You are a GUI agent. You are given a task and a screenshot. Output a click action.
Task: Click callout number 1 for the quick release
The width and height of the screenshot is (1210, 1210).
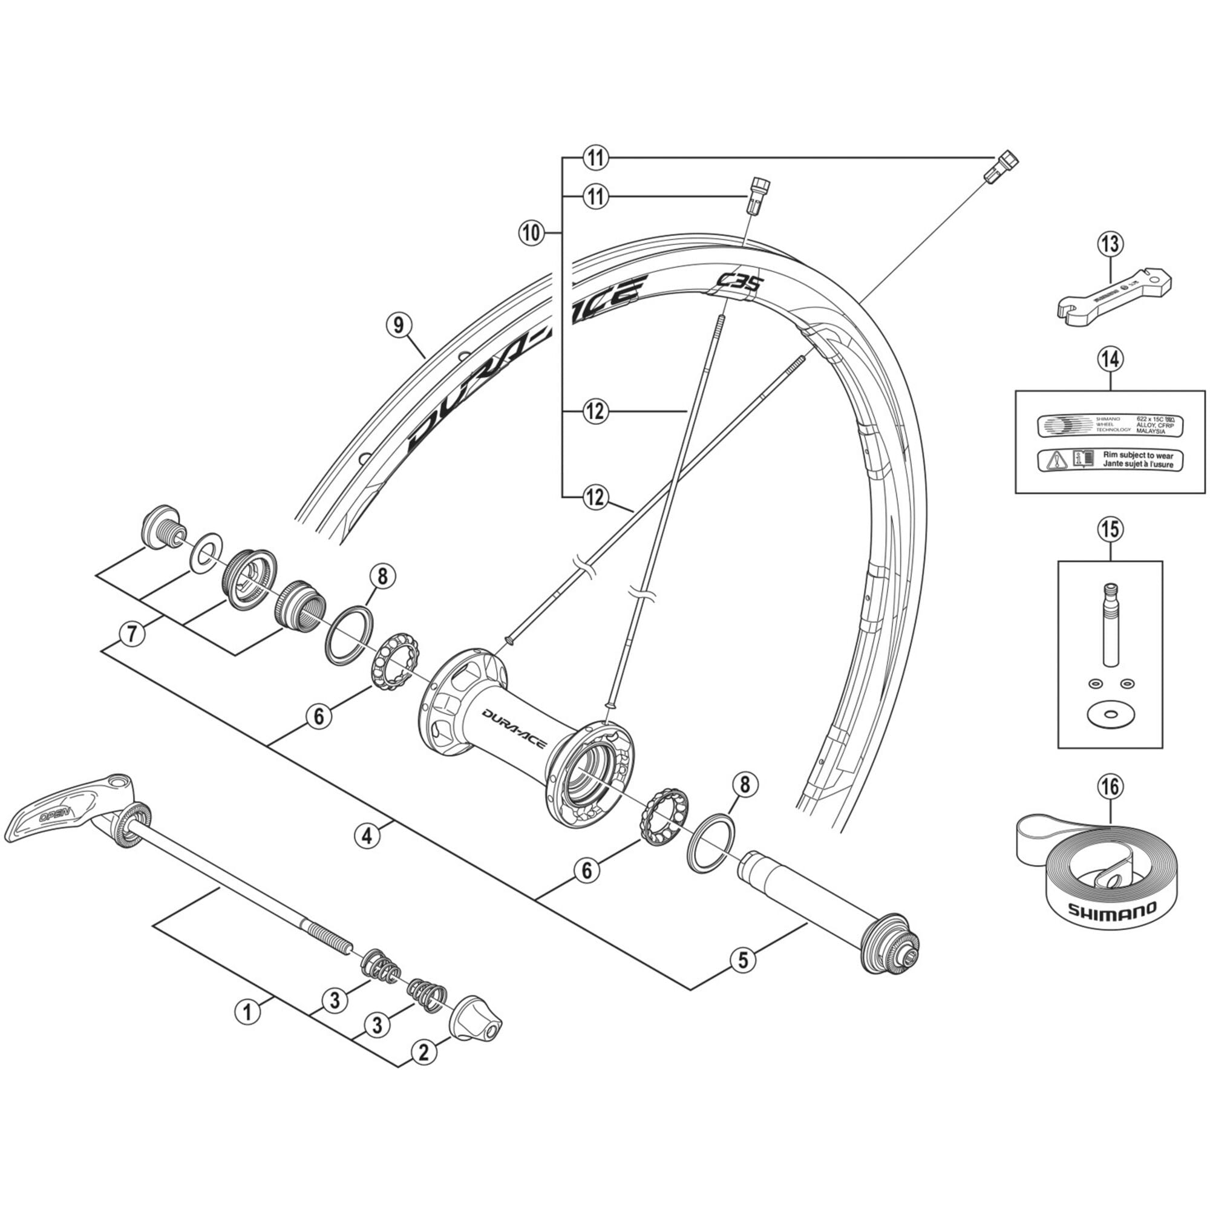point(247,1012)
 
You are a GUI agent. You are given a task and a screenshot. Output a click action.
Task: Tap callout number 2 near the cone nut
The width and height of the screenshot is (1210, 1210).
point(424,1051)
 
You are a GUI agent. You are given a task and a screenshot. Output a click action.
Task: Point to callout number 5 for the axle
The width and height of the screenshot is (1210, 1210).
point(743,960)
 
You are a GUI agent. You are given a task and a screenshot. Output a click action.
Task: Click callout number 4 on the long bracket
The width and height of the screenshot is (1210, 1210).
point(367,835)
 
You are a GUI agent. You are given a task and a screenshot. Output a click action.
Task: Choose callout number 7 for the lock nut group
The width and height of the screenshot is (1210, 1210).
point(131,635)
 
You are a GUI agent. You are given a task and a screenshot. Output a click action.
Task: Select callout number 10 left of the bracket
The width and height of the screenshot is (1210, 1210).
point(531,233)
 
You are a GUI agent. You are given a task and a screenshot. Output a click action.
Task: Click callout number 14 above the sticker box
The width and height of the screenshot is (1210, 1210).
point(1110,359)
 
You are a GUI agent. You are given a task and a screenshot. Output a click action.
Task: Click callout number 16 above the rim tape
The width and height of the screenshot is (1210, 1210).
point(1110,786)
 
